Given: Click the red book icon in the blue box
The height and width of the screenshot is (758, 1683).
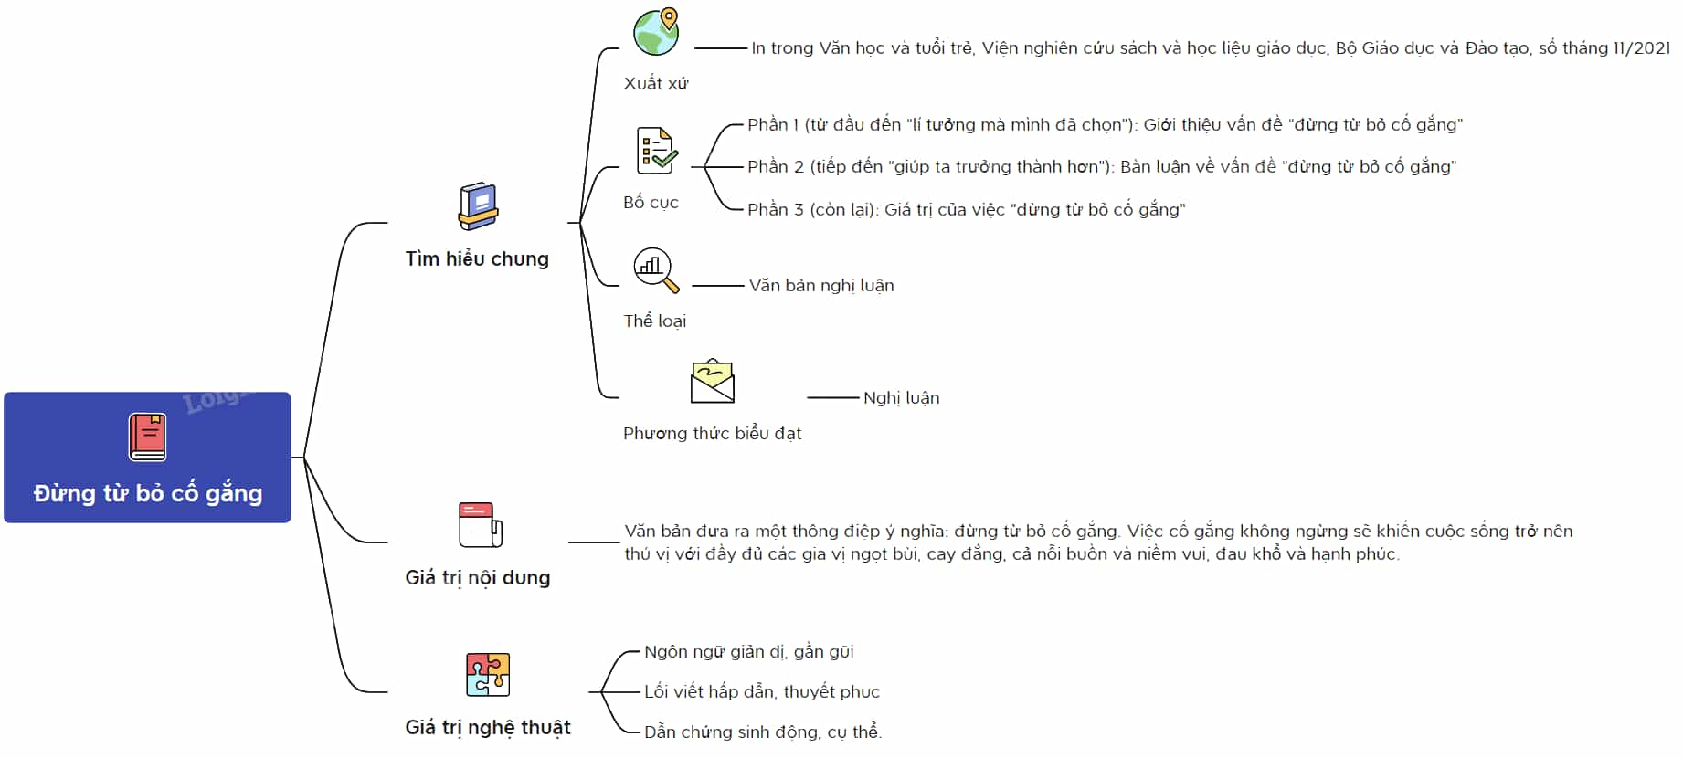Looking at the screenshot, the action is pos(147,437).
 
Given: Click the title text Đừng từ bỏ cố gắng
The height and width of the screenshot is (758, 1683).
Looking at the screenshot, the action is pos(148,494).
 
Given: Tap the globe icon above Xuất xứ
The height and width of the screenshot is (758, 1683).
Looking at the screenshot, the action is pos(657,32).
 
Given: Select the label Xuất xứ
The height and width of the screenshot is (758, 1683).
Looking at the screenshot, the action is pos(656,84).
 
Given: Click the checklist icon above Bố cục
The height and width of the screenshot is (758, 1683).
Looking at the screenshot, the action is pos(657,151).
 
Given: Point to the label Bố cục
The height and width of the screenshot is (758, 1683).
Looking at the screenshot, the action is pos(651,203).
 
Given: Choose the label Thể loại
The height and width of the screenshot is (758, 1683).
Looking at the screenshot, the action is pos(654,321).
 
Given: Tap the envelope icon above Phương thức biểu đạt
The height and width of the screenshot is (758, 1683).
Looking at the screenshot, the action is pos(713,381).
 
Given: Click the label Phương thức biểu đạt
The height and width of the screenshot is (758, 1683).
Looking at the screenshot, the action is pos(712,434).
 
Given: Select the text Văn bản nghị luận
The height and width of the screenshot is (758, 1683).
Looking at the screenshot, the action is pos(821,286).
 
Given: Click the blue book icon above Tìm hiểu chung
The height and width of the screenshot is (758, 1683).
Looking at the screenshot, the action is pos(478,206).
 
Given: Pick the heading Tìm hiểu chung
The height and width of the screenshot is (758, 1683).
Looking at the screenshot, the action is pos(477,259).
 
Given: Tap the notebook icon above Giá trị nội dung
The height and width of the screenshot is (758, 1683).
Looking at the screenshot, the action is pos(481,525).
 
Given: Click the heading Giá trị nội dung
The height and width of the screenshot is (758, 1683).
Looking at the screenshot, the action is pos(478,578).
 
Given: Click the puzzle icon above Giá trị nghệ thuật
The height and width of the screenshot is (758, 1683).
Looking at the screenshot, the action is pos(488,675).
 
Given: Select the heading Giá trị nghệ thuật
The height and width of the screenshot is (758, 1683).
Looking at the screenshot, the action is pos(488,728).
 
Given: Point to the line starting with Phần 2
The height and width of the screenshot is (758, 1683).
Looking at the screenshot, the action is pos(1102,167).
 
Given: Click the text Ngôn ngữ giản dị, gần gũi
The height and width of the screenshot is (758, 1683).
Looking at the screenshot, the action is pos(749,652).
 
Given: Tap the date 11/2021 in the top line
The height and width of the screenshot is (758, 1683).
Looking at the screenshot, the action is pos(1642,48).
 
